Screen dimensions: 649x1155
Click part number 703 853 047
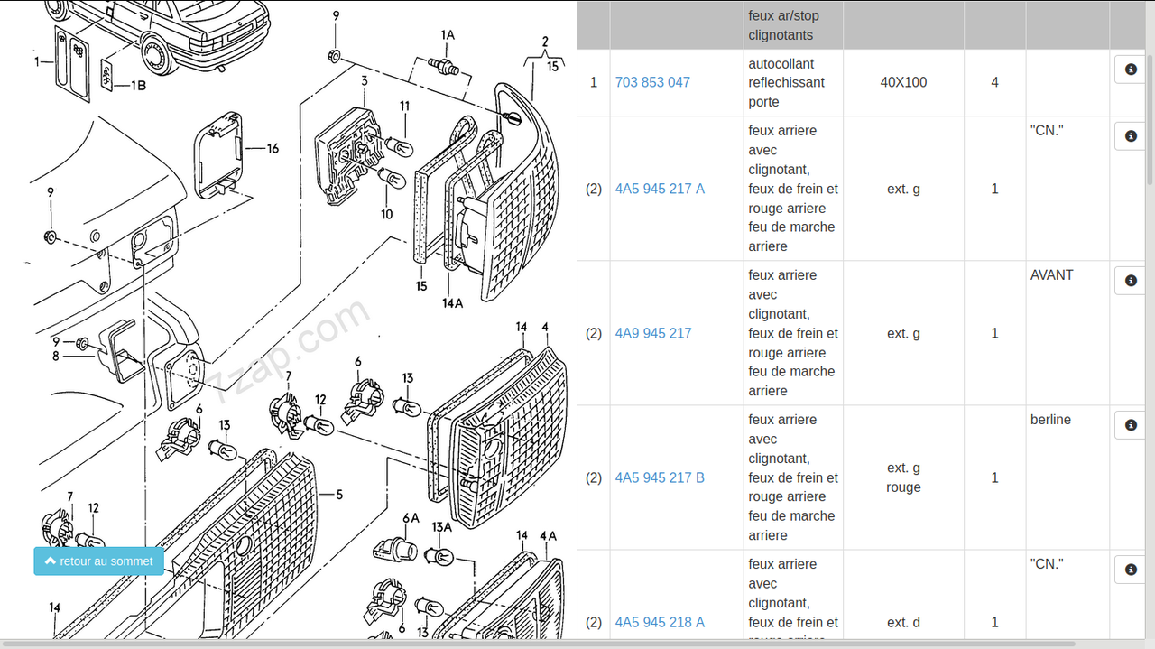(652, 82)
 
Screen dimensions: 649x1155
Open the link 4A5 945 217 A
(660, 189)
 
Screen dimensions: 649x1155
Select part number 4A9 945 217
(653, 333)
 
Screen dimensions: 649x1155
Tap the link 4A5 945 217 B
(660, 477)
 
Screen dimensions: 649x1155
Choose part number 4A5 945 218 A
(660, 622)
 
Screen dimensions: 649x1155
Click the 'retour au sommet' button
(99, 561)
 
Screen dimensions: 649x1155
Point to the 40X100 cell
(903, 82)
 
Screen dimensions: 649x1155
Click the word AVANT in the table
(1051, 275)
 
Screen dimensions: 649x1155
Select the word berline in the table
(1050, 420)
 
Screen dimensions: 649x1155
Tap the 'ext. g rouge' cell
(903, 477)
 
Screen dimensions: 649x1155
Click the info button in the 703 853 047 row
(1131, 69)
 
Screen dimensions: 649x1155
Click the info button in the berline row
(1131, 425)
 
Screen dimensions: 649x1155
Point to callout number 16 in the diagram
(273, 149)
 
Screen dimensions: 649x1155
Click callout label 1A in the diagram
(448, 35)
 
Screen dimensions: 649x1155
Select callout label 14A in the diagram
(453, 303)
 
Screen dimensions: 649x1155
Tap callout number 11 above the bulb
(405, 107)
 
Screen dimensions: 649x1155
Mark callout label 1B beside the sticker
(137, 86)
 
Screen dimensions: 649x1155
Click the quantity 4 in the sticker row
(994, 82)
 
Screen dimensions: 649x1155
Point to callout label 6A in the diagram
(411, 518)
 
